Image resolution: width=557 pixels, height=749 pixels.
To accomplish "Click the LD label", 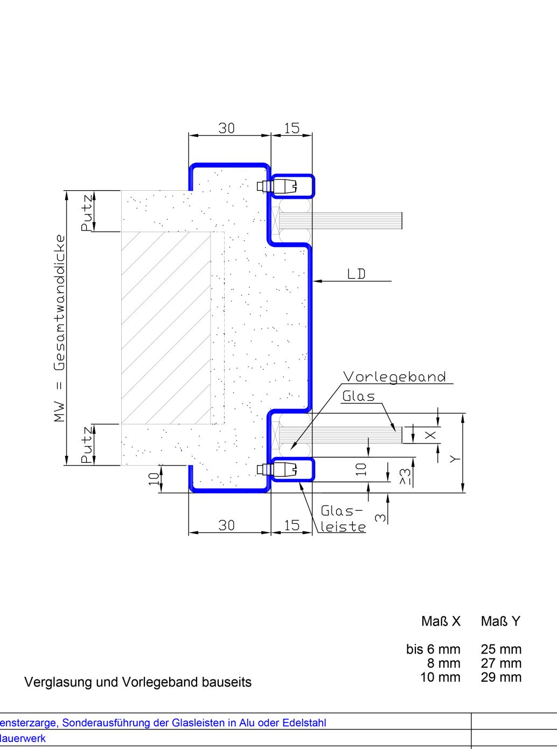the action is [356, 274].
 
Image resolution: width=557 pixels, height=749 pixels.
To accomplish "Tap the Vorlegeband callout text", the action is [394, 377].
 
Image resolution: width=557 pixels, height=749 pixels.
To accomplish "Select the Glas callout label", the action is [359, 396].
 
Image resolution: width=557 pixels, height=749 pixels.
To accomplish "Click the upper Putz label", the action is [86, 213].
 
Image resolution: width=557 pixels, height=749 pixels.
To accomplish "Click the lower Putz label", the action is [86, 445].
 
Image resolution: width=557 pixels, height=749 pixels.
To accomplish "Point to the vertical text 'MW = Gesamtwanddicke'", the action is [59, 328].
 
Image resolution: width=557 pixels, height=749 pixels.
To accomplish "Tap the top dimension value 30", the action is [226, 128].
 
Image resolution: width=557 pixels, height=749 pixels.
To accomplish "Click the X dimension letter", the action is [430, 435].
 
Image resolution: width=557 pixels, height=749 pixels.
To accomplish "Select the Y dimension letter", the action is [455, 459].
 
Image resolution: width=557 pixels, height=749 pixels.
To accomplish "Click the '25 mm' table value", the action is [501, 649].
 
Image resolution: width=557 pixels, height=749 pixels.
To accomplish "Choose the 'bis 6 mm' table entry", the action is [433, 649].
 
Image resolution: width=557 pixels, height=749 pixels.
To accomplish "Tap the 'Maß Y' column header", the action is [500, 621].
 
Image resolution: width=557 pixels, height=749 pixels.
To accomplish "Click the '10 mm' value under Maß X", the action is [440, 677].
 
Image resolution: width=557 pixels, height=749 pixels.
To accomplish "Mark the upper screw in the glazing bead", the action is [276, 186].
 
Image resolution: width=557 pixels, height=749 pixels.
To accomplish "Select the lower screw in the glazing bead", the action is [276, 469].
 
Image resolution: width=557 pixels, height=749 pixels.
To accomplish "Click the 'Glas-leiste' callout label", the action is [343, 519].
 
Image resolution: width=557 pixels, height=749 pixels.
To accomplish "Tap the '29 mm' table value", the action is [501, 677].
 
